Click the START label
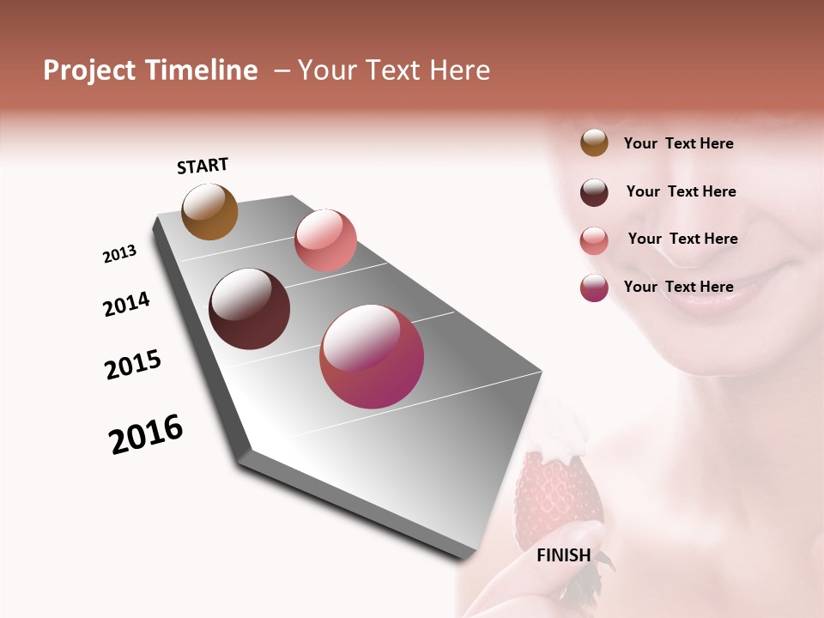[x=203, y=166]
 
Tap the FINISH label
[x=564, y=555]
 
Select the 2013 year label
[x=119, y=254]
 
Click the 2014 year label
[x=126, y=304]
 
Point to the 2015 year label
[x=133, y=365]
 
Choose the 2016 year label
[x=146, y=434]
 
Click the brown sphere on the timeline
[x=209, y=211]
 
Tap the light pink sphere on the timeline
[x=325, y=239]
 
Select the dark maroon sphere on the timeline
[x=249, y=309]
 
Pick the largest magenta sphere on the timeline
[x=372, y=356]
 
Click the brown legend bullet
[x=594, y=142]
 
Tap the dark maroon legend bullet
[x=594, y=192]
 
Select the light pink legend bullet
[x=594, y=239]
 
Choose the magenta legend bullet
[x=594, y=288]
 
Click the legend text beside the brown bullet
[x=678, y=143]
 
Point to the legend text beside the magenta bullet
[x=678, y=287]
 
